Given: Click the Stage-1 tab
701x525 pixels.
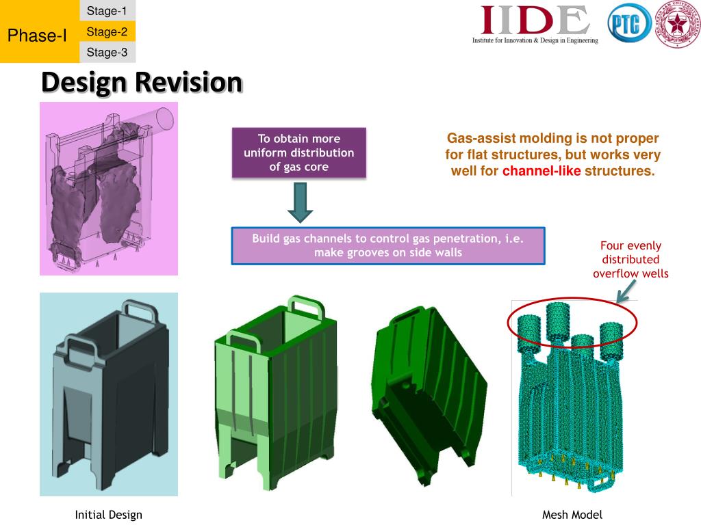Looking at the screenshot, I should (107, 10).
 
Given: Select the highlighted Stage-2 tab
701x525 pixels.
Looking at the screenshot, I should (107, 31).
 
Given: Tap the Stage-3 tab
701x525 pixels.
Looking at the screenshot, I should (107, 52).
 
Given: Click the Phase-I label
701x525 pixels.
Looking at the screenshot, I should (37, 36).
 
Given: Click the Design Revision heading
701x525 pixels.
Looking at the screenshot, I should (142, 82).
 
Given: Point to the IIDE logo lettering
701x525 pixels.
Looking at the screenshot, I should (535, 21).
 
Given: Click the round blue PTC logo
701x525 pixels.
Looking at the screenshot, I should (628, 27).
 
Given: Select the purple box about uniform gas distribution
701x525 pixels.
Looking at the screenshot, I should (299, 152).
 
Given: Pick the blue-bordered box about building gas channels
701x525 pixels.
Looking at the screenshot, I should (388, 245).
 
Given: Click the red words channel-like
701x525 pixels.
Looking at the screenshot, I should (541, 171).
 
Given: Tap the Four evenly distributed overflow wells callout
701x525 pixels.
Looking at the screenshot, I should (630, 260).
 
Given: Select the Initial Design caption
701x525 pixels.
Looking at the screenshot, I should (108, 515).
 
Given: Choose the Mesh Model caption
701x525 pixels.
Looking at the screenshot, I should (572, 515).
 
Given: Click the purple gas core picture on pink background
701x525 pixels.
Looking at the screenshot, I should (109, 188).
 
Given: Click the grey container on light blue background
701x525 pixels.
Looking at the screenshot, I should (109, 393).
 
